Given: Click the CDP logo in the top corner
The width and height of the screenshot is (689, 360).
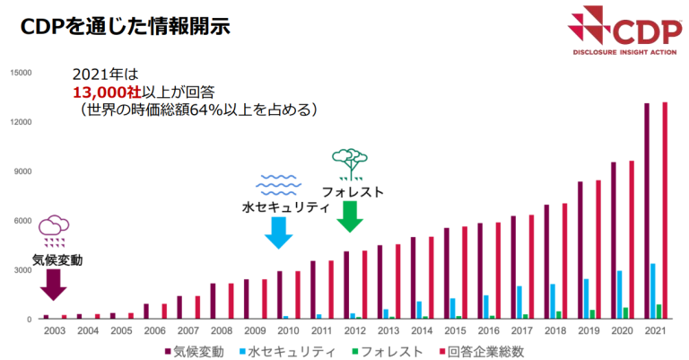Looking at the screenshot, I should (x=619, y=32).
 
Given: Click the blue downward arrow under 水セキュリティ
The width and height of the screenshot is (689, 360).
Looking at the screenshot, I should (x=277, y=232).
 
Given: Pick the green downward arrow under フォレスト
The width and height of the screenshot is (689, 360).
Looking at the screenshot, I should (x=349, y=216).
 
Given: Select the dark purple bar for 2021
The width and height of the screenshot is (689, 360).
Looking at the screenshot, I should (x=646, y=211).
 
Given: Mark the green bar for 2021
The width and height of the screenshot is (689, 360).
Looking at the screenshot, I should (x=658, y=312).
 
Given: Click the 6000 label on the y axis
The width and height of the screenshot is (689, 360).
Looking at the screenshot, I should (x=23, y=221).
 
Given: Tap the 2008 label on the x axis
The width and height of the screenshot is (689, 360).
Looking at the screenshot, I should (x=220, y=330).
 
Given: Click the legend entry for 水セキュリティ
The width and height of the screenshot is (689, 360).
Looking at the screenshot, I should (x=285, y=350).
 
